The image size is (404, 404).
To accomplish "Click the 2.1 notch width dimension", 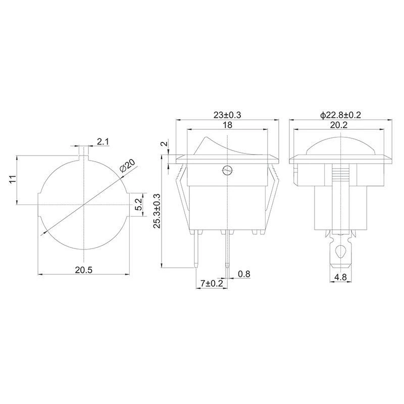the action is [x=103, y=142].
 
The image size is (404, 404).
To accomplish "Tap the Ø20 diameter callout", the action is [x=128, y=166].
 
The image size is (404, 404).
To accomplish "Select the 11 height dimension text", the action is [x=13, y=179].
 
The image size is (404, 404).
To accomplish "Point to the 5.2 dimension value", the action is [x=139, y=205].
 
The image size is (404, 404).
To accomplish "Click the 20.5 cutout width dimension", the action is [x=83, y=270].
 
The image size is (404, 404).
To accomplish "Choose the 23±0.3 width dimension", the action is [x=227, y=115].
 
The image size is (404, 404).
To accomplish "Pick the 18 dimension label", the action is [x=228, y=125].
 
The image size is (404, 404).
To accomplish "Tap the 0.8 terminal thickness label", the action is [x=244, y=274].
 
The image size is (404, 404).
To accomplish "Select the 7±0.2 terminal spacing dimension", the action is [x=212, y=284].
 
